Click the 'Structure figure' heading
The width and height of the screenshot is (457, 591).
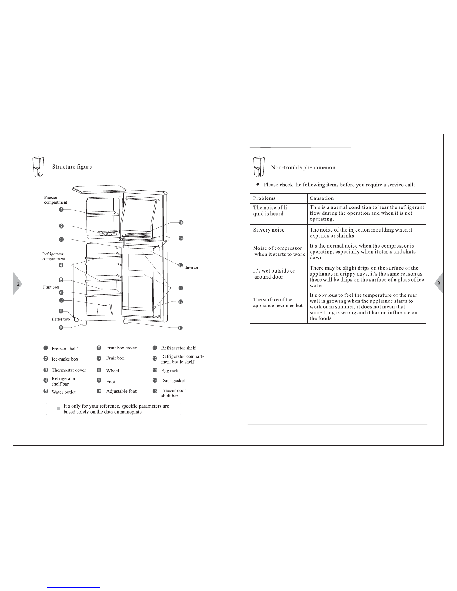pos(72,167)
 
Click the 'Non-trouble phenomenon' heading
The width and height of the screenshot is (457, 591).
pos(303,167)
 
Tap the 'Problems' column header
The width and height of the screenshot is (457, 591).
pos(264,198)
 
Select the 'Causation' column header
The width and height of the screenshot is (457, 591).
pos(322,198)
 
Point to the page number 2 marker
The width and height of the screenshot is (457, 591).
pos(18,284)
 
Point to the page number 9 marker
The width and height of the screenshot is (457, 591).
pos(438,283)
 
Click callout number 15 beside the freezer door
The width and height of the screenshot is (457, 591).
pos(181,223)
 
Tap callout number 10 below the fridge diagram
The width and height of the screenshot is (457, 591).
pos(180,328)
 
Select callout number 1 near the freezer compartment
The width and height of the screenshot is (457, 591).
pos(61,210)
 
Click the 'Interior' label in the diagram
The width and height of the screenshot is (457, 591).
pos(192,268)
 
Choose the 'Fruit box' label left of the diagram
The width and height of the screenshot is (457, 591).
pos(51,287)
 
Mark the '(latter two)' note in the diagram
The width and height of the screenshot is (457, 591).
pos(62,319)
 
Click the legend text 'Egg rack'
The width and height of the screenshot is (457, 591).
pos(170,371)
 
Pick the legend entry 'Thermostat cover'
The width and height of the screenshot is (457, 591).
pos(69,370)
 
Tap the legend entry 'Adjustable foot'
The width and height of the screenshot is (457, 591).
pos(121,391)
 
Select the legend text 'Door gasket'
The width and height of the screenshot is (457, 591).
pos(173,381)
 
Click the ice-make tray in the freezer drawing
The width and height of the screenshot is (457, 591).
pos(108,233)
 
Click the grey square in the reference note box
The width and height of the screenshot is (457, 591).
pos(58,409)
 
